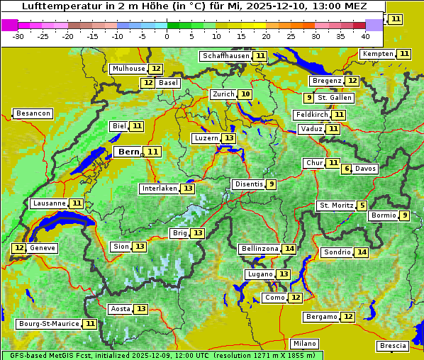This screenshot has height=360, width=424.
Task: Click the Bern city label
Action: click(x=129, y=152)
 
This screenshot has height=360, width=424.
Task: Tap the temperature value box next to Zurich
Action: click(x=245, y=94)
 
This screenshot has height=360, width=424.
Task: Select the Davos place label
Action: click(x=366, y=169)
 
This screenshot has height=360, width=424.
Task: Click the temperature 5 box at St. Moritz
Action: click(x=362, y=206)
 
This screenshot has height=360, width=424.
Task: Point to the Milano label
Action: click(x=306, y=343)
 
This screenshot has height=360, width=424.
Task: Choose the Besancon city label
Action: click(x=33, y=113)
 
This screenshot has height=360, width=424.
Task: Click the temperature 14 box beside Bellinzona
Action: click(x=289, y=249)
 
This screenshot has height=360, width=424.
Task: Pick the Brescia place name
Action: click(x=394, y=346)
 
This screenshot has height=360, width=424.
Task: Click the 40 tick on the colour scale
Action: click(x=365, y=36)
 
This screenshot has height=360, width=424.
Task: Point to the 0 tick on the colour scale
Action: click(x=167, y=36)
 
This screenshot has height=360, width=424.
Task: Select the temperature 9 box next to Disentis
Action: click(x=272, y=184)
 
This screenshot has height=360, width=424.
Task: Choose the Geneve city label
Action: click(x=42, y=248)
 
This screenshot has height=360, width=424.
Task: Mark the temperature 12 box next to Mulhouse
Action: click(x=156, y=69)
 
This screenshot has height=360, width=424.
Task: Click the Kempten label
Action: click(x=378, y=54)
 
